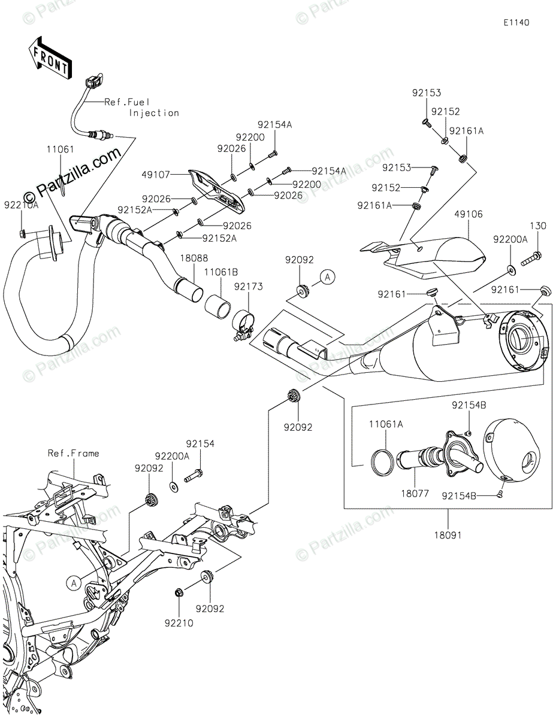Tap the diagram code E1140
pos(516,23)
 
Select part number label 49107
pos(155,175)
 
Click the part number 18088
pos(194,258)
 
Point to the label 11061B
pos(221,272)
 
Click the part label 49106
pos(469,214)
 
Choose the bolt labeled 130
pos(531,259)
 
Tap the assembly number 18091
pos(448,536)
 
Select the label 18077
pos(415,494)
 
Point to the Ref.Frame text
pos(74,453)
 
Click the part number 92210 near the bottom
pos(179,623)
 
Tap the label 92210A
pos(21,205)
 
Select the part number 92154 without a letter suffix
pos(200,444)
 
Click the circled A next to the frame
pos(74,583)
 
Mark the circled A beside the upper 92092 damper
pos(328,277)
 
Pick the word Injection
pos(154,113)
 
